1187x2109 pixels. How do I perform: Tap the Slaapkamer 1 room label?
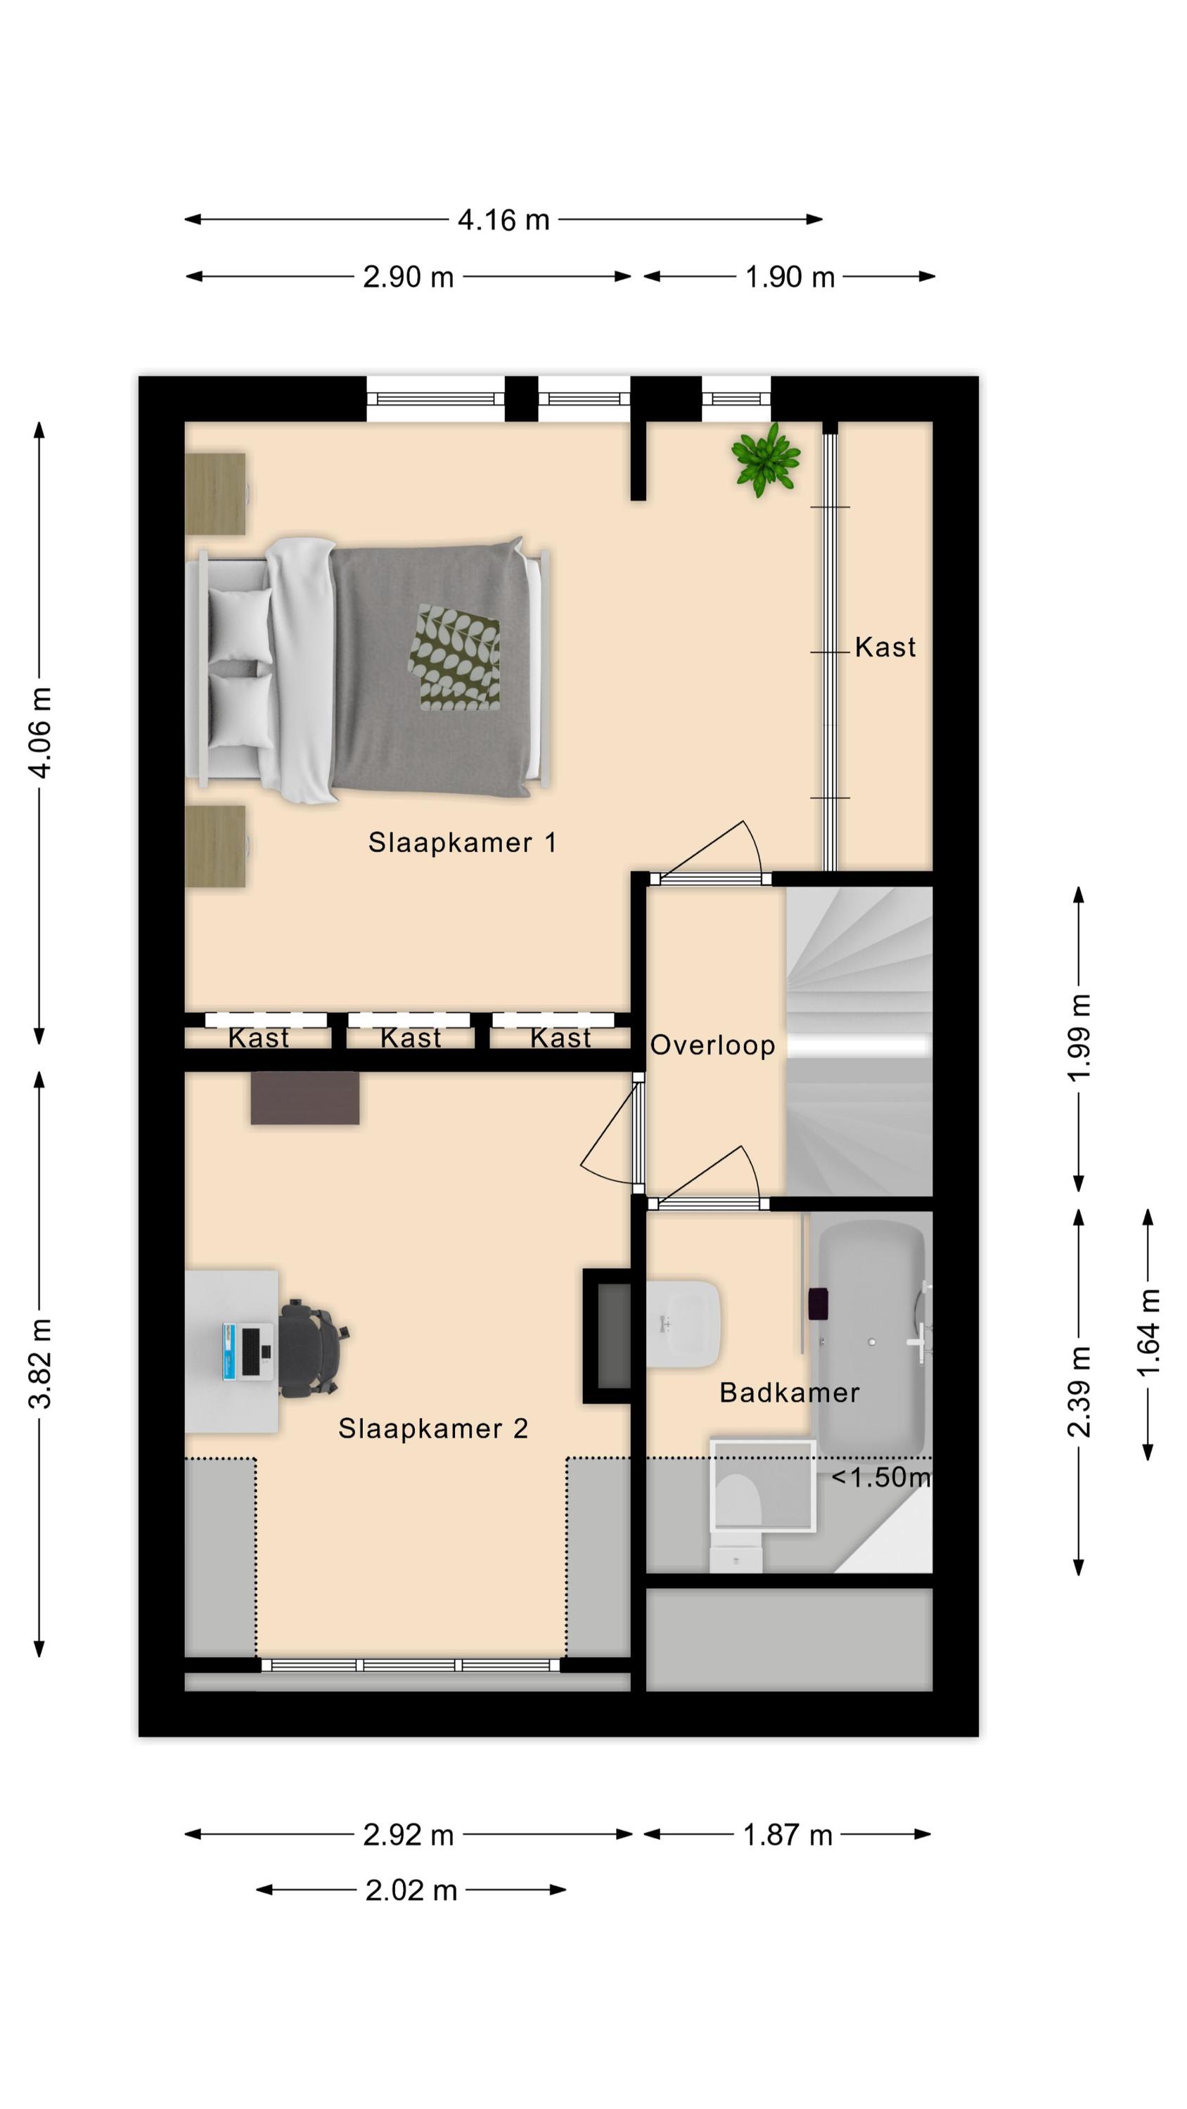(x=462, y=841)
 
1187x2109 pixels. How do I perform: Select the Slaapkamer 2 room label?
(x=433, y=1428)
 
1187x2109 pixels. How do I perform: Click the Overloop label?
(x=712, y=1045)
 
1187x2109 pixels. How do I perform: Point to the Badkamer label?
(x=790, y=1393)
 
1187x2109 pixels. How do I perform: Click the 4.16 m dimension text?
(x=503, y=219)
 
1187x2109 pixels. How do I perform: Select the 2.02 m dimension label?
(x=411, y=1890)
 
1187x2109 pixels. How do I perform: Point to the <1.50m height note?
(x=881, y=1477)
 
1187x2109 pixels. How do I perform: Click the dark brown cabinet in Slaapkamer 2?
(x=304, y=1097)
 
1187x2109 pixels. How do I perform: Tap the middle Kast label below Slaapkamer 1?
(x=411, y=1038)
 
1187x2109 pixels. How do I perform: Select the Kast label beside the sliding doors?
(x=885, y=647)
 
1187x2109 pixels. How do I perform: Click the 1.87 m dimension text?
(x=788, y=1835)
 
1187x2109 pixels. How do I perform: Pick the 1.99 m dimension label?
(x=1079, y=1038)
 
